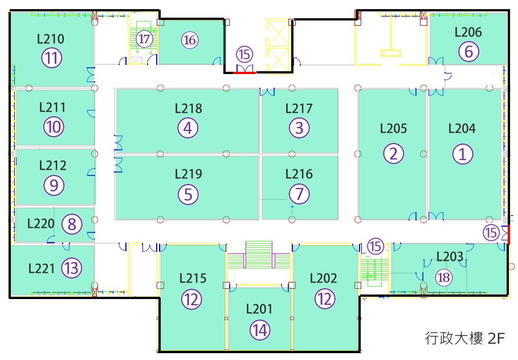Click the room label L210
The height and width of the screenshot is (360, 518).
(51, 39)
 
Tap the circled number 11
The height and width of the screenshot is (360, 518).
(51, 58)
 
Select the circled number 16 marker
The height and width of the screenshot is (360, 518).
(190, 40)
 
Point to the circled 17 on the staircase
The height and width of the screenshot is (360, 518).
(144, 39)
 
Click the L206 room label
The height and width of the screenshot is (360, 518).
(468, 32)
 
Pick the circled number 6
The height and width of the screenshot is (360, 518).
(469, 51)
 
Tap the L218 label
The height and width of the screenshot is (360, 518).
(188, 108)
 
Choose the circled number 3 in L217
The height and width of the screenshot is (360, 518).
(299, 128)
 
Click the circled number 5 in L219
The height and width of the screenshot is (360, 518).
(188, 194)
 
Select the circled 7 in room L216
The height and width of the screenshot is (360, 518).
(299, 194)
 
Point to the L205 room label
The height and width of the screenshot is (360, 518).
(393, 129)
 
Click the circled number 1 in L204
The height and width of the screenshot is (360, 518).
(463, 154)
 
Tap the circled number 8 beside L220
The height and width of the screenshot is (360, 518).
(72, 224)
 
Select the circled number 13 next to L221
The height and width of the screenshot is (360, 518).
(72, 268)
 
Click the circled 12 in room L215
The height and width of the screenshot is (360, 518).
(191, 299)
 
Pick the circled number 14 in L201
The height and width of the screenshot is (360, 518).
(260, 330)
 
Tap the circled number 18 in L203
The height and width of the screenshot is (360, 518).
(444, 277)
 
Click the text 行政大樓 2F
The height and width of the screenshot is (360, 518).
(465, 338)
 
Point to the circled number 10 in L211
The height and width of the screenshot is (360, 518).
(54, 127)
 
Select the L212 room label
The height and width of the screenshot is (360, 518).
(53, 165)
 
